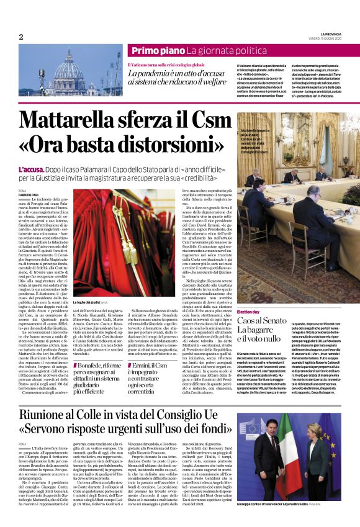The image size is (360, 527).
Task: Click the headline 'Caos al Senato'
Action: (x=261, y=320)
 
